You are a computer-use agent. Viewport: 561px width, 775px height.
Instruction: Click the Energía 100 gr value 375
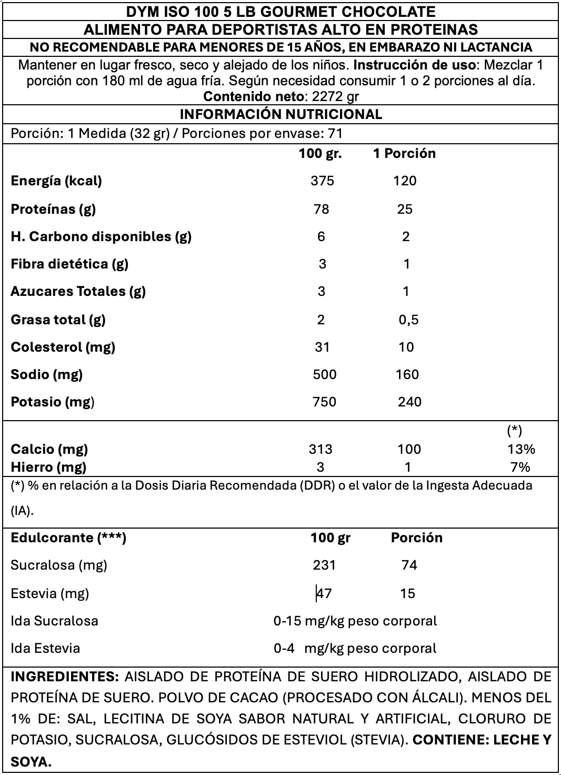click(322, 181)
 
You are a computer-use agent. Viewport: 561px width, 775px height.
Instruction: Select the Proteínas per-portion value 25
click(405, 209)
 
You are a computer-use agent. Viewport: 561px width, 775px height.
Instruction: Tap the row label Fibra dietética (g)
click(69, 264)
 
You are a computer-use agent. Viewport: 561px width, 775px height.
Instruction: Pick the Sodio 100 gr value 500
click(324, 374)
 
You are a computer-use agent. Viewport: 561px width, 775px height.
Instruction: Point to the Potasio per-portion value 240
click(409, 402)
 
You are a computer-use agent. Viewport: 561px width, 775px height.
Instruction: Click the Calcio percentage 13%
click(521, 449)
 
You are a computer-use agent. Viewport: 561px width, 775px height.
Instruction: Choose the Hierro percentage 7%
click(520, 467)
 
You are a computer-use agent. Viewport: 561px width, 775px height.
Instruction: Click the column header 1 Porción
click(404, 154)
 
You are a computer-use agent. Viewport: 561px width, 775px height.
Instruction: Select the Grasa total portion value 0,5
click(408, 320)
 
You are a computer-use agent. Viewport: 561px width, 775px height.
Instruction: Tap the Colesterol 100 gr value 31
click(322, 347)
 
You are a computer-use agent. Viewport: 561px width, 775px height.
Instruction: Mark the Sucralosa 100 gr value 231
click(324, 565)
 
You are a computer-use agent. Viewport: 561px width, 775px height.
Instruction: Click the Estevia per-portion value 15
click(407, 593)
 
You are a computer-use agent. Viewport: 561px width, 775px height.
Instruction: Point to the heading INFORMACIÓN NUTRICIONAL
click(281, 114)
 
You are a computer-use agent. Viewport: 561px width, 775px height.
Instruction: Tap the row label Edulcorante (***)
click(68, 538)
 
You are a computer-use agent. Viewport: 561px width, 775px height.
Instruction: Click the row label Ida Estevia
click(45, 648)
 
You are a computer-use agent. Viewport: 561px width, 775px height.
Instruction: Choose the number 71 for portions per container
click(335, 134)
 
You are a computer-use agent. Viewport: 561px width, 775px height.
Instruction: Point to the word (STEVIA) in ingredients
click(379, 740)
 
